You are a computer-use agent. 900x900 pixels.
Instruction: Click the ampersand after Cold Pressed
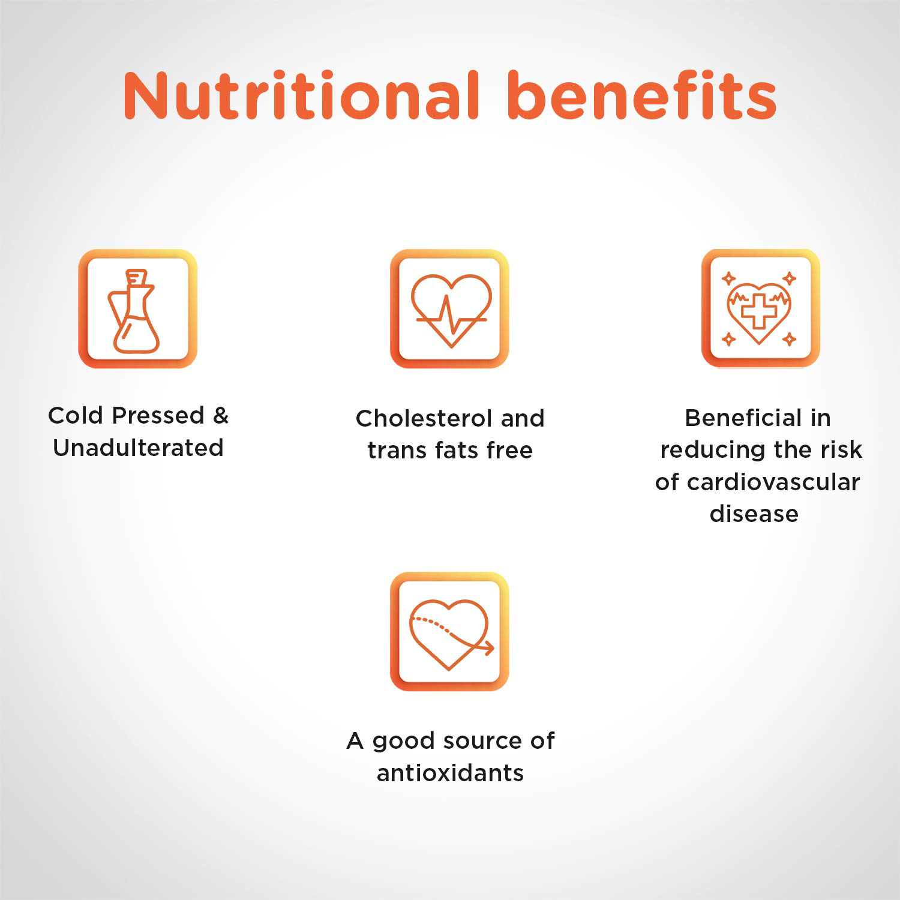221,415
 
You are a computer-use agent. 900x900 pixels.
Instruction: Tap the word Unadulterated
138,448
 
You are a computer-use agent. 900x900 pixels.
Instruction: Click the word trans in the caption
396,451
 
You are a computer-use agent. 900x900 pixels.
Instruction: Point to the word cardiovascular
773,482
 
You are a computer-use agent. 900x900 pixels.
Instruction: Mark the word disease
754,514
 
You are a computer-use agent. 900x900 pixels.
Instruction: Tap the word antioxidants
450,773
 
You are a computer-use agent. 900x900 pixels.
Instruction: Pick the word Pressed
158,415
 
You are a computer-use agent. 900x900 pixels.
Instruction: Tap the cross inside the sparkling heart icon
759,311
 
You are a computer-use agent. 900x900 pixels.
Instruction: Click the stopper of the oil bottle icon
136,277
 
